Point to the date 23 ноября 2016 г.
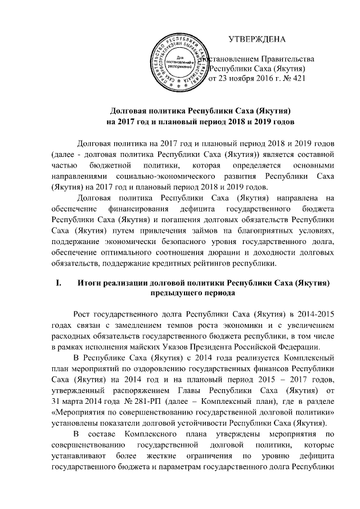pos(245,79)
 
